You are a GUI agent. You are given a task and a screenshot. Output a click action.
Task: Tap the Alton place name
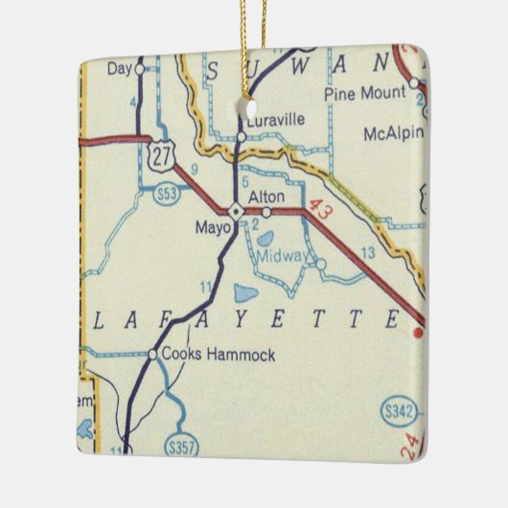[x=263, y=195]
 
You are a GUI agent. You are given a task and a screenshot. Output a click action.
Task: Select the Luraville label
[x=275, y=121]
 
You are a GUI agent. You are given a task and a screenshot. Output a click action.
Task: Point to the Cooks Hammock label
[x=219, y=355]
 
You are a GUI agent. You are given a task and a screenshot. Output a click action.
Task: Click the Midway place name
[x=282, y=257]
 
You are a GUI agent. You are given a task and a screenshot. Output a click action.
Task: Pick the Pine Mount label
[x=365, y=93]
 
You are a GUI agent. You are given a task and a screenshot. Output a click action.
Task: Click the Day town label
[x=120, y=68]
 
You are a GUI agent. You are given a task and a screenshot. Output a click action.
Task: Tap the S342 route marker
[x=401, y=412]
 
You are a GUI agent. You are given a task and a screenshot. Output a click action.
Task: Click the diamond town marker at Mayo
[x=234, y=210]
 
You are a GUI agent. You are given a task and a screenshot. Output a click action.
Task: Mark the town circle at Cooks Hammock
[x=152, y=355]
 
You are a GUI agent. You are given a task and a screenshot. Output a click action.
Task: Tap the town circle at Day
[x=140, y=69]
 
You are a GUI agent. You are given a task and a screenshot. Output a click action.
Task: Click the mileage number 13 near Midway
[x=369, y=253]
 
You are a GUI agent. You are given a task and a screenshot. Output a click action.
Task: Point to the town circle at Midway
[x=320, y=264]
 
